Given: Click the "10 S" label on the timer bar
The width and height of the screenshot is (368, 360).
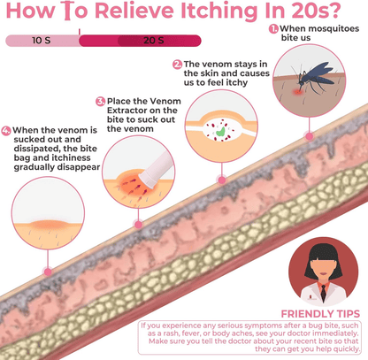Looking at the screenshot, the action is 42,40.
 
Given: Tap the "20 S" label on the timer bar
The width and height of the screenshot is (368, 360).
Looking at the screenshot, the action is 154,40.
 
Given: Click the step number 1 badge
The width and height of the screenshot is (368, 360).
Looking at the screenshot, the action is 273,29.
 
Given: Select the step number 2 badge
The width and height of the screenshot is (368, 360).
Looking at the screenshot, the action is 177,65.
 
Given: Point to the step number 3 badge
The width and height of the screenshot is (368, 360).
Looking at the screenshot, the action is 101,102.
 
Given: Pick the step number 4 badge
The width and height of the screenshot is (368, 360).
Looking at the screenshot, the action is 6,131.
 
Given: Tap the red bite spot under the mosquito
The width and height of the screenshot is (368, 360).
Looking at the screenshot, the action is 297,92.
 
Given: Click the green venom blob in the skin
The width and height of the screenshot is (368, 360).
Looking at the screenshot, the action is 220,131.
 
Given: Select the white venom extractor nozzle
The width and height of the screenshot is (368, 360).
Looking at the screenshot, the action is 156,171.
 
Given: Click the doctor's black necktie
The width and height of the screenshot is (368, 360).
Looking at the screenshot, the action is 324,293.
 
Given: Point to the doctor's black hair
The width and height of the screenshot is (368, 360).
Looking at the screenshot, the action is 323,259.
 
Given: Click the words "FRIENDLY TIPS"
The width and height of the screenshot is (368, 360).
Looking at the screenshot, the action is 320,314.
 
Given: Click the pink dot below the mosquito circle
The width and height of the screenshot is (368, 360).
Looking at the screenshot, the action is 309,136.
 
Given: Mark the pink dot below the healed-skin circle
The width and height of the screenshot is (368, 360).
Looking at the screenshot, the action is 48,272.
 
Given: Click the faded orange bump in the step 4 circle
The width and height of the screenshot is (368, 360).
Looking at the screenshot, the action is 49,225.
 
